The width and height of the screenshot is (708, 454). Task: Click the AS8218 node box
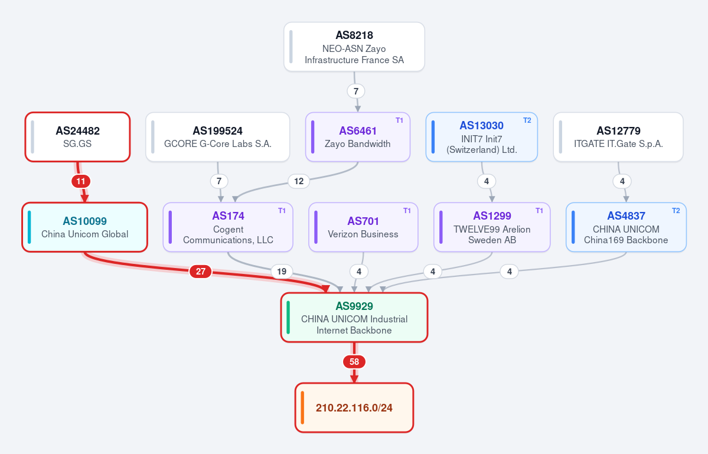pyautogui.click(x=354, y=47)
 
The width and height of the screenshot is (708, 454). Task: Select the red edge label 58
pyautogui.click(x=354, y=361)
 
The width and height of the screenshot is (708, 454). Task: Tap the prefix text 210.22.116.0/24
pyautogui.click(x=354, y=408)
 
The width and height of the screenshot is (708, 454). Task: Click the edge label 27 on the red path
pyautogui.click(x=201, y=271)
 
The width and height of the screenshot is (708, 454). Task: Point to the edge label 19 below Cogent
pyautogui.click(x=282, y=271)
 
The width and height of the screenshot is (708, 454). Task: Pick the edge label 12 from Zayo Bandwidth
pyautogui.click(x=299, y=181)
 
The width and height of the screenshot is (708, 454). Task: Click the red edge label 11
pyautogui.click(x=81, y=181)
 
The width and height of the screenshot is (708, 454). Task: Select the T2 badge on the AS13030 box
pyautogui.click(x=527, y=120)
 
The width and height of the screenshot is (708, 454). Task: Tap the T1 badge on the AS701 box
pyautogui.click(x=407, y=210)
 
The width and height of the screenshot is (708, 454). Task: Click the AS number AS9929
pyautogui.click(x=354, y=306)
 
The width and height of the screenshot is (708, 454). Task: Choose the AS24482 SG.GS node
pyautogui.click(x=78, y=137)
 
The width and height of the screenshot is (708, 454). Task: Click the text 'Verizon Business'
pyautogui.click(x=363, y=234)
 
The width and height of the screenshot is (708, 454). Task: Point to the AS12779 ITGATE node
pyautogui.click(x=619, y=137)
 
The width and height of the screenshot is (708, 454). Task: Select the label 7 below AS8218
pyautogui.click(x=356, y=91)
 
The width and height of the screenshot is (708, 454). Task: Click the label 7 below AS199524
pyautogui.click(x=219, y=181)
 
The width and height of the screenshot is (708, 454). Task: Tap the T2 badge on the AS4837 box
pyautogui.click(x=676, y=210)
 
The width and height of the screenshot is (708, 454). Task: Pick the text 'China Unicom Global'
pyautogui.click(x=85, y=234)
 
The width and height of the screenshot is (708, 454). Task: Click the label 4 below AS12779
pyautogui.click(x=622, y=181)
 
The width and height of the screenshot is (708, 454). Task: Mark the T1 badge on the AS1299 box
pyautogui.click(x=539, y=210)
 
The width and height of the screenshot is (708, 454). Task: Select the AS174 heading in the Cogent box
pyautogui.click(x=228, y=215)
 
